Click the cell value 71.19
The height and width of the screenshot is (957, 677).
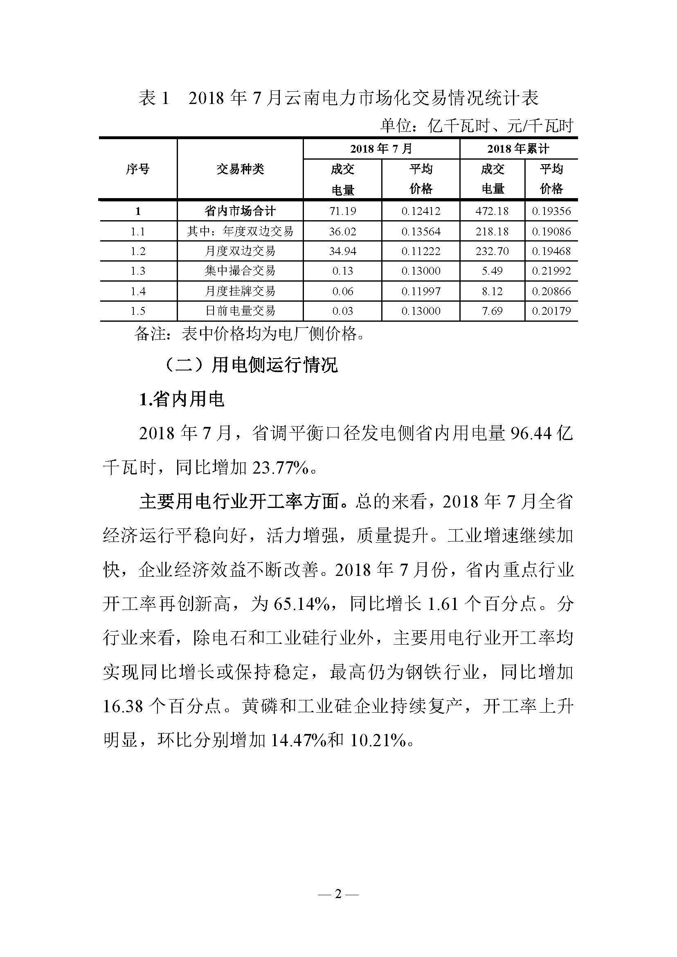click(x=342, y=211)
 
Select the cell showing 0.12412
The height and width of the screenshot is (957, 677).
click(x=421, y=211)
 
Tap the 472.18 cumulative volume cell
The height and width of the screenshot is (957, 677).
click(x=492, y=211)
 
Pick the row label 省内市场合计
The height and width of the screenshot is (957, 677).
click(x=240, y=211)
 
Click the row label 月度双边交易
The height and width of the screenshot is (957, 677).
click(x=240, y=251)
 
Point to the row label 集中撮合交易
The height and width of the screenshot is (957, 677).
click(x=240, y=271)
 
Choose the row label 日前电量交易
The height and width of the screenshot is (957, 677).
click(x=240, y=311)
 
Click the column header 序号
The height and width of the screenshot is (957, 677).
click(x=137, y=169)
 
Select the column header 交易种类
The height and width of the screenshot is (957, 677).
click(x=240, y=169)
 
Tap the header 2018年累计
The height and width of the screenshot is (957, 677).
click(x=518, y=149)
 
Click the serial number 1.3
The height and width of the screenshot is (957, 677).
click(x=137, y=271)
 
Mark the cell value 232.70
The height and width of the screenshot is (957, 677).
click(x=492, y=251)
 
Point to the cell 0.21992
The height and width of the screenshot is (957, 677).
click(x=551, y=271)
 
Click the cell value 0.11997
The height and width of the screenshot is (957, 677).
click(x=421, y=291)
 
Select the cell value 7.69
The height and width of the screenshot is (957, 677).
click(x=492, y=311)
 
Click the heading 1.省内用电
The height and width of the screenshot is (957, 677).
click(x=182, y=400)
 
